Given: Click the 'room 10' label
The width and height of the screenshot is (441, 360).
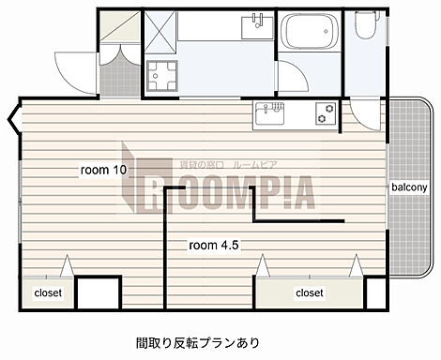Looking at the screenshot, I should (x=104, y=171).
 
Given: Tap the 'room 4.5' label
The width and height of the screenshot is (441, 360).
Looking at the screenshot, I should (x=213, y=245).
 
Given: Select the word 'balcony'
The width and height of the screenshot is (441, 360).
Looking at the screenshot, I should (x=410, y=187).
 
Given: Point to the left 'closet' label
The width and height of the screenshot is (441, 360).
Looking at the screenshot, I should (x=47, y=292).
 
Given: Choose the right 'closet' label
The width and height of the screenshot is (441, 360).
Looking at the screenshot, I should (x=309, y=292).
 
